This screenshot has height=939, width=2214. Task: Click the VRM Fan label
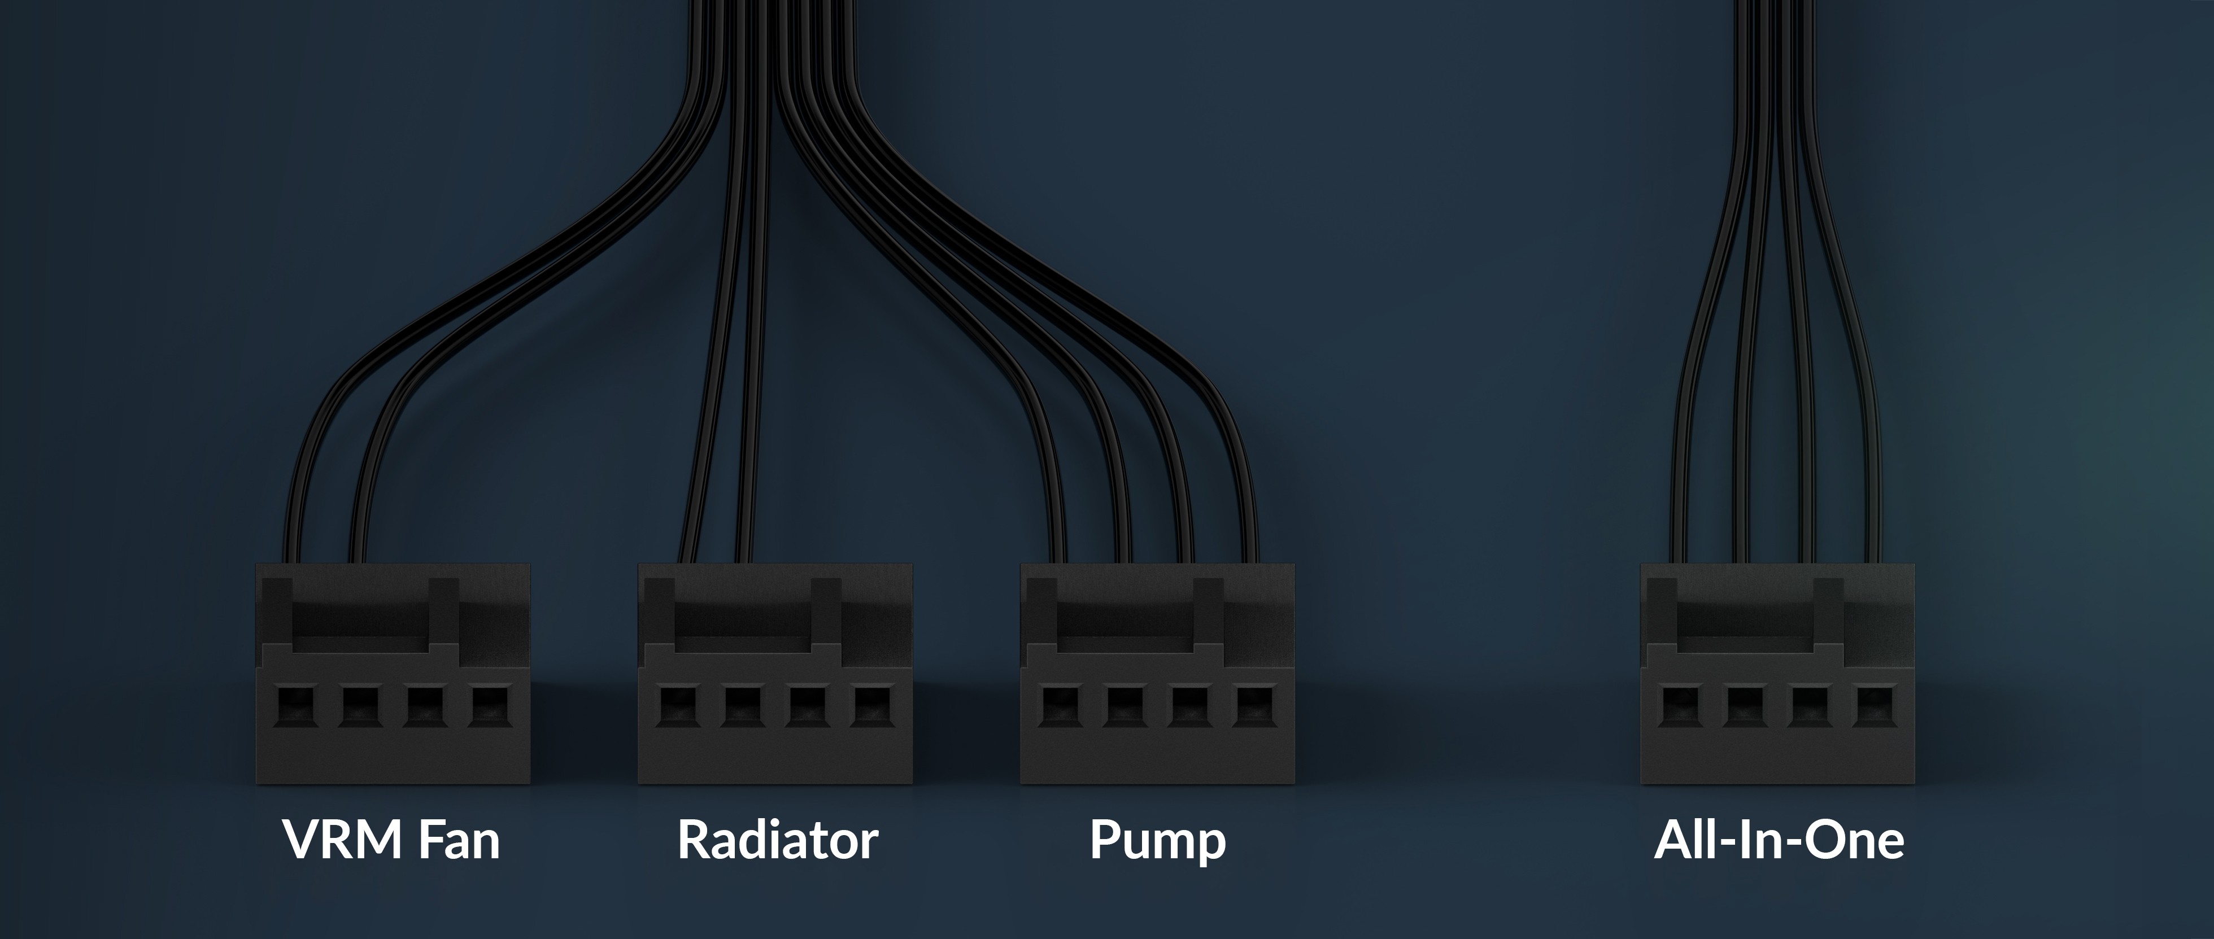point(391,840)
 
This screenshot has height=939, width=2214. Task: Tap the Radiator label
point(777,840)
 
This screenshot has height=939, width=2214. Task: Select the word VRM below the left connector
point(345,840)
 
